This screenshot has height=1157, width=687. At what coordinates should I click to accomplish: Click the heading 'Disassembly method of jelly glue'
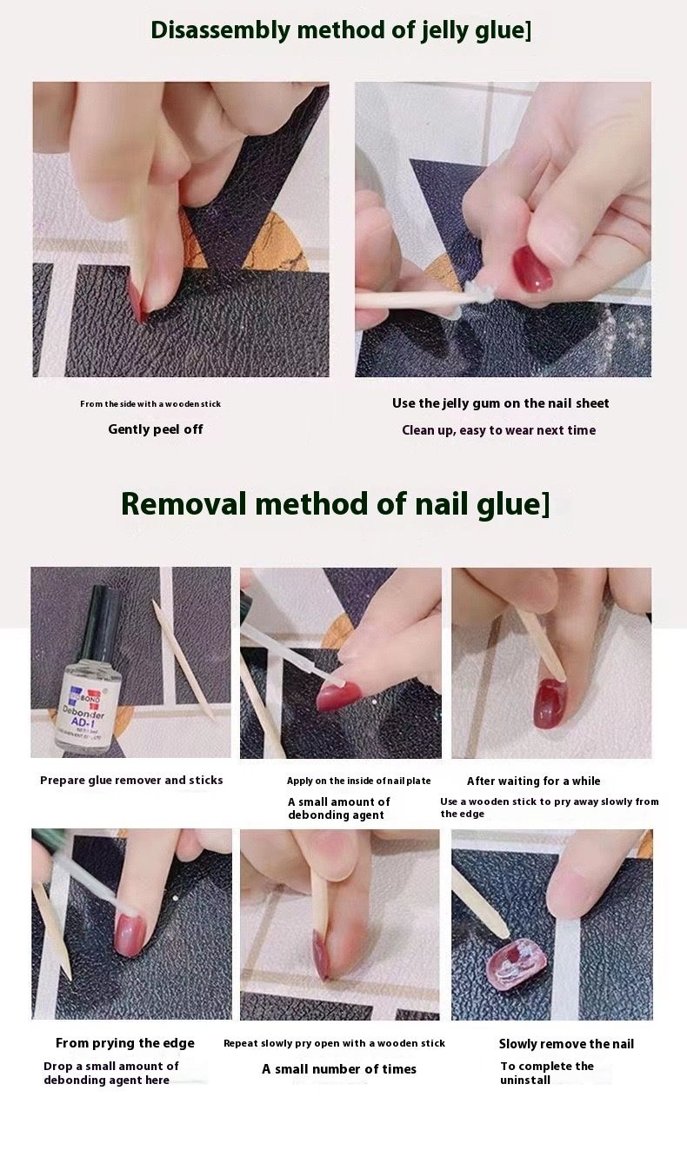(340, 30)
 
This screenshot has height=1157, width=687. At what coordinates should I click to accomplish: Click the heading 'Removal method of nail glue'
(335, 504)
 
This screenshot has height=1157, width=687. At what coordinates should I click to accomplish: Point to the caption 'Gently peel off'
(155, 429)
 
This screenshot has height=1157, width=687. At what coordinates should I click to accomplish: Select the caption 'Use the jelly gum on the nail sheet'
(500, 403)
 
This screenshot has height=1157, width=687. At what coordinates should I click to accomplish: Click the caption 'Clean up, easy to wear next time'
(498, 430)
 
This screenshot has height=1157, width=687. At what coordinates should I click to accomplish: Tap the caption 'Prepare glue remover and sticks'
(131, 781)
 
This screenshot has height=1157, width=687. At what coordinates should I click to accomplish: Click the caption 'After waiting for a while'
(533, 781)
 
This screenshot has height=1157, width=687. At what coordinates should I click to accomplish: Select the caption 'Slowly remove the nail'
(566, 1044)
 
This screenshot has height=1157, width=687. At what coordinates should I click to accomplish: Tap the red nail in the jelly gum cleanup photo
(532, 269)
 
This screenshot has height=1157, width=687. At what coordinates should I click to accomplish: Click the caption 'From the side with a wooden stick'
(150, 404)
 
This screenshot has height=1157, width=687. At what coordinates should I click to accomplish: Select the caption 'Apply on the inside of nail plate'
(358, 781)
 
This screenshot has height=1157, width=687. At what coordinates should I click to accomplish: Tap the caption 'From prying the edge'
(125, 1043)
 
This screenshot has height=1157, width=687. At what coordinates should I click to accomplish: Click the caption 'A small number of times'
(339, 1069)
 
